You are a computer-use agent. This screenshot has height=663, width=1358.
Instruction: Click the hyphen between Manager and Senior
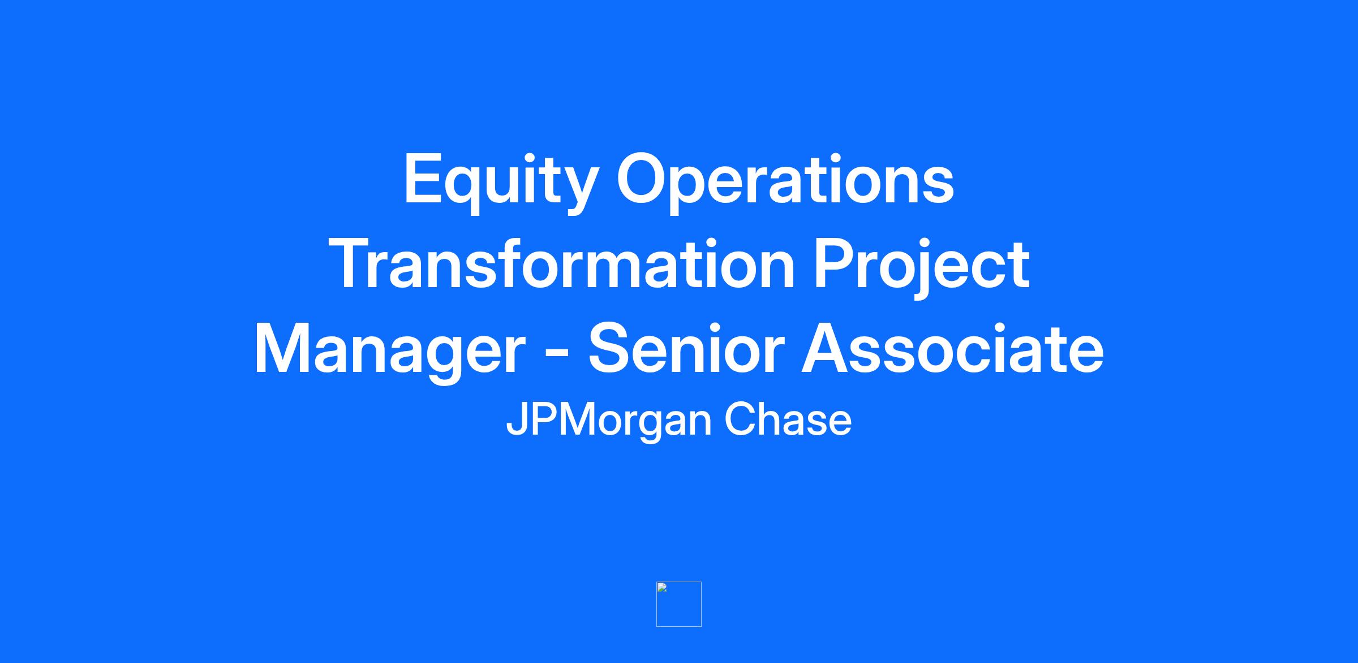point(557,356)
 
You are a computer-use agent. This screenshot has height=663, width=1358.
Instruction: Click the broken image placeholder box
point(679,604)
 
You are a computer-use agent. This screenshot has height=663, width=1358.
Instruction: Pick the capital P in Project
point(835,264)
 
